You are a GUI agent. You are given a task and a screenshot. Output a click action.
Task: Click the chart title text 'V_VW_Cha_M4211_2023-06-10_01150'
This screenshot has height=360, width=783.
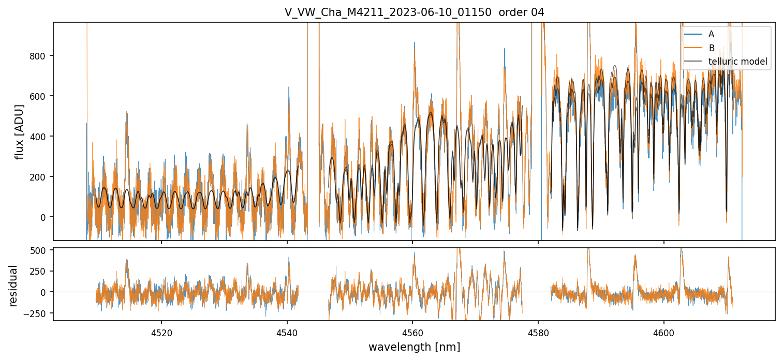point(388,12)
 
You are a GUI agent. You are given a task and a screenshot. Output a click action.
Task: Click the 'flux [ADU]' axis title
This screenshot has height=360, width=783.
point(20,131)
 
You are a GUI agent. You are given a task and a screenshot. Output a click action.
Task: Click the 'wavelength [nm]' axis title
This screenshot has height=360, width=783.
point(414,347)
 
